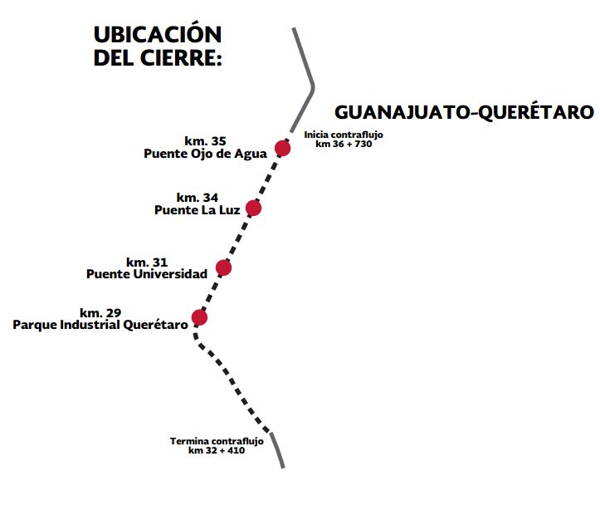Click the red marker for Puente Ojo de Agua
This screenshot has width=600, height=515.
pos(282,148)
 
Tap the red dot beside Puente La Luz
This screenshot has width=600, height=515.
pos(253,208)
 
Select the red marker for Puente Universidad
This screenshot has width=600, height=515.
pos(223,267)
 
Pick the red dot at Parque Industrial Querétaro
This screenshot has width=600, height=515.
pos(199,317)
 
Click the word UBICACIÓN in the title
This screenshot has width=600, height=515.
pos(158,36)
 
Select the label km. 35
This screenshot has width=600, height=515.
pos(205,141)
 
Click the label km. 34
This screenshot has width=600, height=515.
pos(198,198)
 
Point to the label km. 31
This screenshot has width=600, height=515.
pos(147,262)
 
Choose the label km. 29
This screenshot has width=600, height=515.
pos(100,313)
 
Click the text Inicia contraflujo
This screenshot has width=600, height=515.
pos(344,135)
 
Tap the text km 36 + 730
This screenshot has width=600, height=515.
pos(344,144)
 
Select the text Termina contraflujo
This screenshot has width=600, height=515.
pos(216,441)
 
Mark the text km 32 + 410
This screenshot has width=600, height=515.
pos(216,450)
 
